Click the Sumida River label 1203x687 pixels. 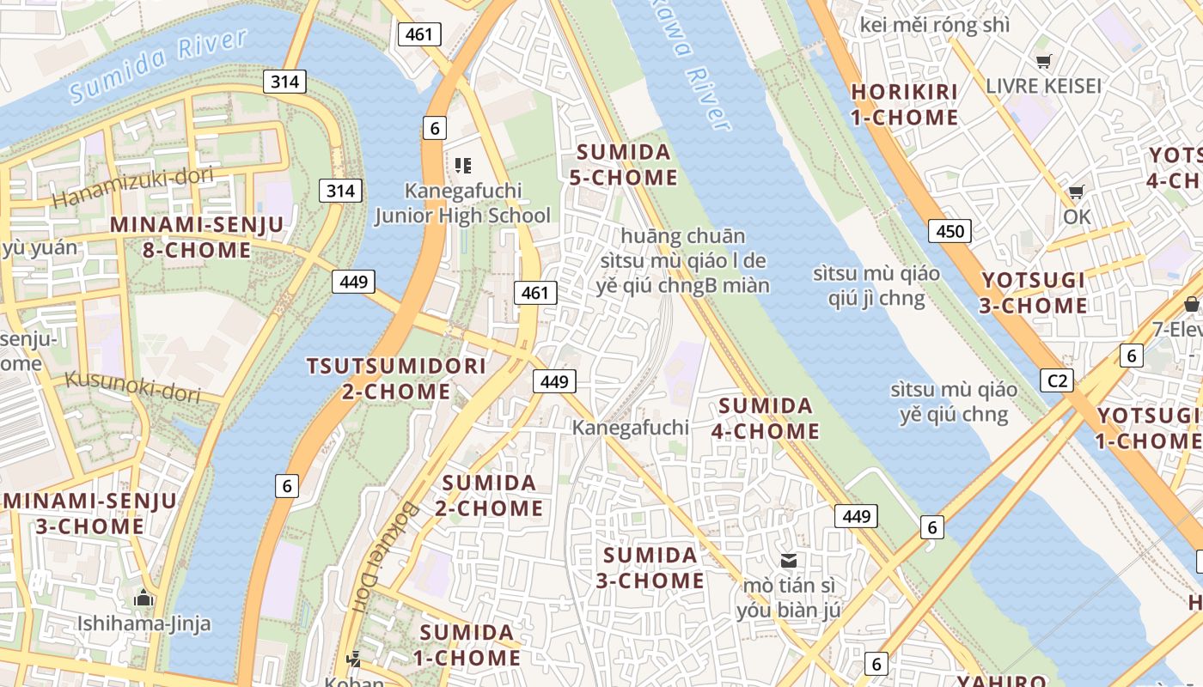pos(159,65)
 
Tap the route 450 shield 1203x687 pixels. pos(950,230)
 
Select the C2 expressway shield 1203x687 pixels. pos(1056,380)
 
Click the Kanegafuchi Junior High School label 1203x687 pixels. pos(463,204)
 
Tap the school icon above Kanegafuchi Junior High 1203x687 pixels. pos(463,165)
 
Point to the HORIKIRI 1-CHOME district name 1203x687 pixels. pos(904,104)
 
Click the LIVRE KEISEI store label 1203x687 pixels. pos(1043,86)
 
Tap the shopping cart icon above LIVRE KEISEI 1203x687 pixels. pos(1043,61)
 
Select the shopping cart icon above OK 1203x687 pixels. pos(1076,192)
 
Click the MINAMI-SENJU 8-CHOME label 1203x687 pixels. pos(196,238)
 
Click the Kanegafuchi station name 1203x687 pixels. pos(631,427)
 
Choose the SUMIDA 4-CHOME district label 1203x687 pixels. pos(765,418)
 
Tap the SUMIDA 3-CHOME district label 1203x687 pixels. pos(650,568)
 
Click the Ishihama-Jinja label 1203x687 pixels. pos(144,623)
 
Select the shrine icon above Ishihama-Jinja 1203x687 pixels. pos(144,598)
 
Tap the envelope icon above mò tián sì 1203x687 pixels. pos(788,561)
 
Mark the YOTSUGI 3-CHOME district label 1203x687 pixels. pos(1035,293)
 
